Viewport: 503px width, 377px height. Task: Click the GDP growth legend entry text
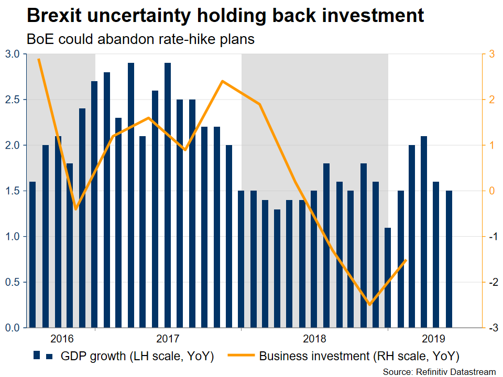point(137,357)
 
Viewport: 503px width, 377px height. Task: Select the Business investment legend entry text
point(359,357)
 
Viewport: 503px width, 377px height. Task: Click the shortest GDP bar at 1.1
point(388,278)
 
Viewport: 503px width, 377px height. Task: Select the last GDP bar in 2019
point(449,259)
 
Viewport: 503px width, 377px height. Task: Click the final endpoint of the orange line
point(406,260)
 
